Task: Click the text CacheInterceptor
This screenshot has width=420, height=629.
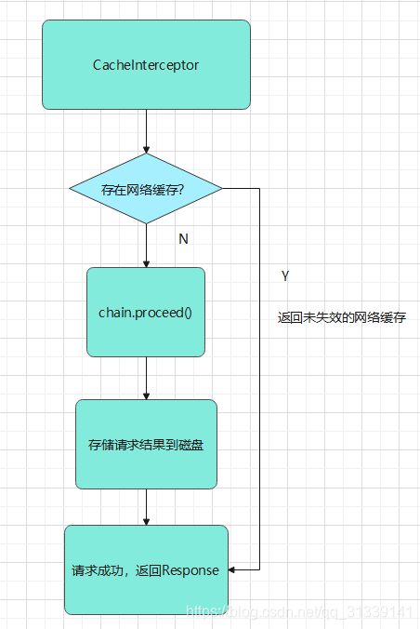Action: coord(146,65)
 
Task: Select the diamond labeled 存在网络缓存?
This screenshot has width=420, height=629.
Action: coord(146,189)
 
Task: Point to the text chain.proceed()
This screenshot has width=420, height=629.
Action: coord(145,312)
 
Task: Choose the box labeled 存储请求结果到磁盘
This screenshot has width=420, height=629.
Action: coord(146,444)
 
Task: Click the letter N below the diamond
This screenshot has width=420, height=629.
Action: coord(183,239)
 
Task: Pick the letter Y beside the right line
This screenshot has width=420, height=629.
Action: coord(284,276)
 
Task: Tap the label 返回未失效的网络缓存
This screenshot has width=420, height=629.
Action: coord(341,317)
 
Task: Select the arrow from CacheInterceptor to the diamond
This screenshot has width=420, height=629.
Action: coord(146,131)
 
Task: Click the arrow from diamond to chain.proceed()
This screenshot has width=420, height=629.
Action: coord(146,246)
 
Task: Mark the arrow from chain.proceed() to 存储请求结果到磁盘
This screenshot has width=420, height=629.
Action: coord(146,378)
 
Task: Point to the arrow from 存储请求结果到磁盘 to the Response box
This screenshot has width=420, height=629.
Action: coord(146,507)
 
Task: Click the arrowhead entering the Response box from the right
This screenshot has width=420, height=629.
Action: coord(233,569)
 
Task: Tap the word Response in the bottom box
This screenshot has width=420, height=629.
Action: coord(190,570)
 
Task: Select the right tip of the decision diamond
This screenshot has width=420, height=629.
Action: coord(221,189)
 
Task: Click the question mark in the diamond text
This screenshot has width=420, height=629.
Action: coord(180,190)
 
